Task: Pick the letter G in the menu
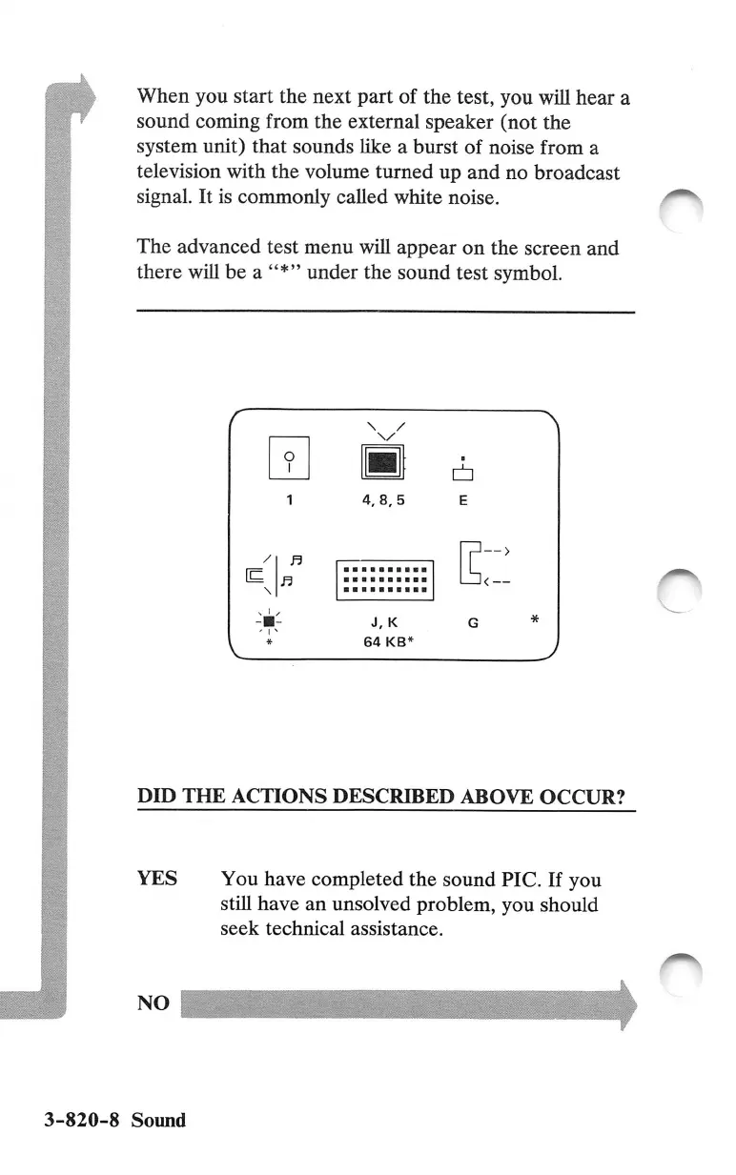click(x=474, y=622)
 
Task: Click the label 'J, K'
click(x=384, y=622)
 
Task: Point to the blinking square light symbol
click(x=270, y=621)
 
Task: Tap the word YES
click(x=157, y=878)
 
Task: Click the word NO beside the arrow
click(x=153, y=1003)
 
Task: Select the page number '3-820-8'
click(x=81, y=1120)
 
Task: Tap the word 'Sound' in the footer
click(x=158, y=1120)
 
